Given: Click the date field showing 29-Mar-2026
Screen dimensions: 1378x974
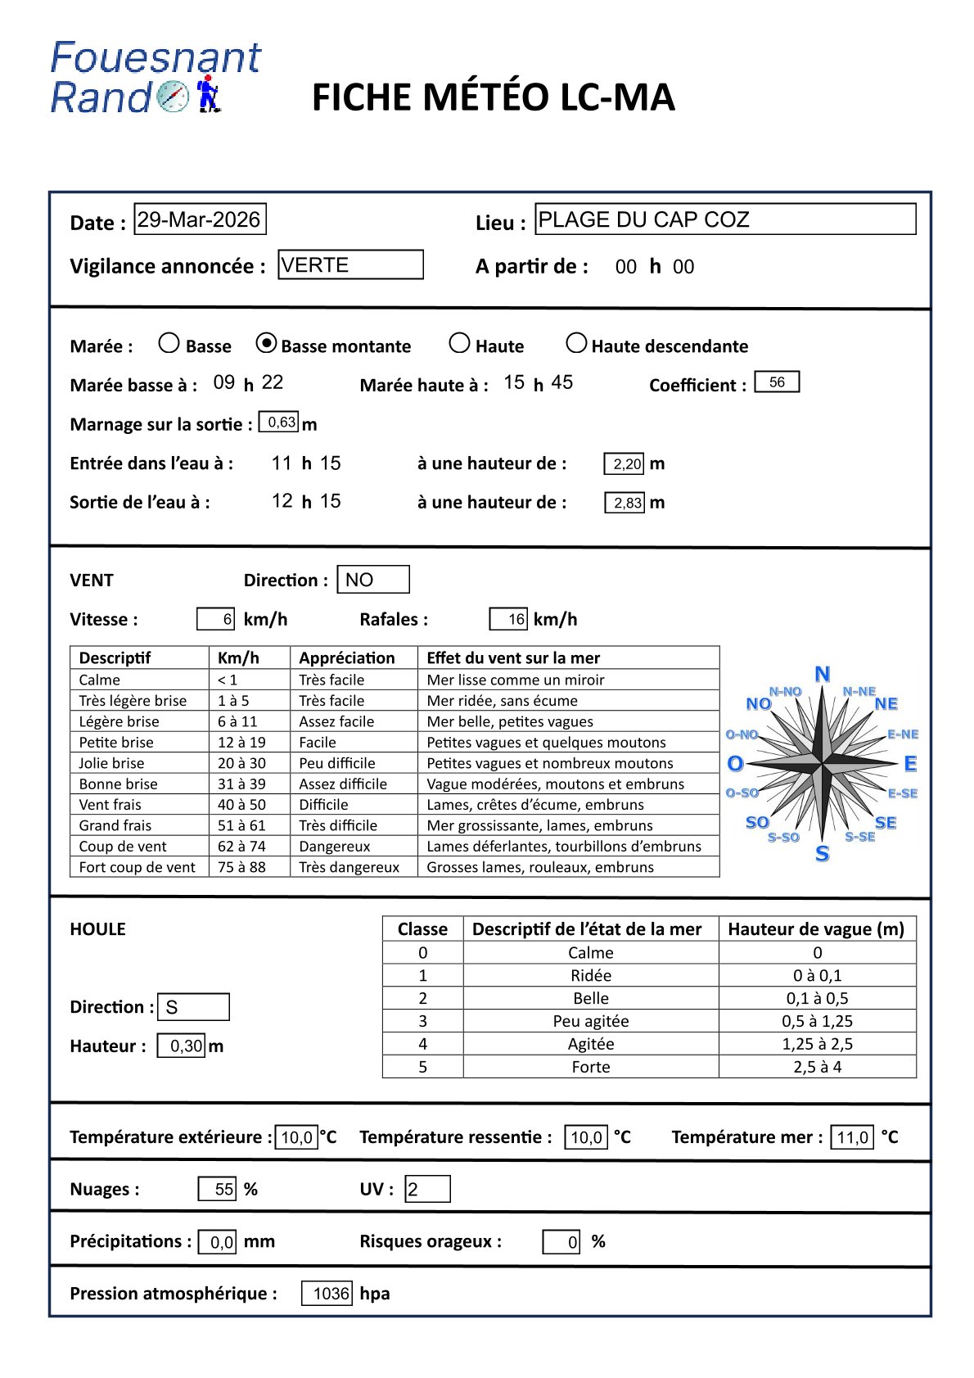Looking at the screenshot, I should coord(200,219).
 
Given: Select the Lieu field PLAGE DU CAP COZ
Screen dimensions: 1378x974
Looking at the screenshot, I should coord(725,219).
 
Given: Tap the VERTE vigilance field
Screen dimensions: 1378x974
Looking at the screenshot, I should coord(350,264).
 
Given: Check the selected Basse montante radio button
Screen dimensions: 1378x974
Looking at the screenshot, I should coord(266,344).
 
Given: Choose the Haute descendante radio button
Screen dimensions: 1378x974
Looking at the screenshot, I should coord(576,343).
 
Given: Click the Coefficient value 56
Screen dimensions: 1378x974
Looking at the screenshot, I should coord(777,382).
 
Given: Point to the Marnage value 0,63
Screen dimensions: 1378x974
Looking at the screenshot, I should coord(279,422).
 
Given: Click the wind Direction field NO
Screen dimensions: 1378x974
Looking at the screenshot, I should coord(372,580).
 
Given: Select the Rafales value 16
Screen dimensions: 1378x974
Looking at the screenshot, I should coord(508,619).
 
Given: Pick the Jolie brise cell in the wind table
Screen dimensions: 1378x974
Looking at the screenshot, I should coord(111,763).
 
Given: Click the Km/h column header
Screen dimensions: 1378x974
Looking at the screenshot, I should coord(238,657).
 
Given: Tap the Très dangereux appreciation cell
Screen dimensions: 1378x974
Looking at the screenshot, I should coord(349,867).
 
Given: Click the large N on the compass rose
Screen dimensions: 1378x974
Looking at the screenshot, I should coord(823,674).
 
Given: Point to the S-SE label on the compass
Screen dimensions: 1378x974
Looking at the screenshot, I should coord(860,837).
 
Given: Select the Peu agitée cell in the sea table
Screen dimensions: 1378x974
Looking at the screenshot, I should coord(590,1021).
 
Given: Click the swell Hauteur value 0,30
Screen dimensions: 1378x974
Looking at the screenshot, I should coord(182,1046).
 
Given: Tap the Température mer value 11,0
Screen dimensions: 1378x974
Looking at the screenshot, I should coord(852,1137).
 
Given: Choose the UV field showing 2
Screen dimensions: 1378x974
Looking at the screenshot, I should coord(427,1189).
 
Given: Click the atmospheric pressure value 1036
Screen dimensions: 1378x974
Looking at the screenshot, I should coord(327,1294).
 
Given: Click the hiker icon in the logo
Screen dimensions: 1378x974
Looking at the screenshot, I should coord(208,93).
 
